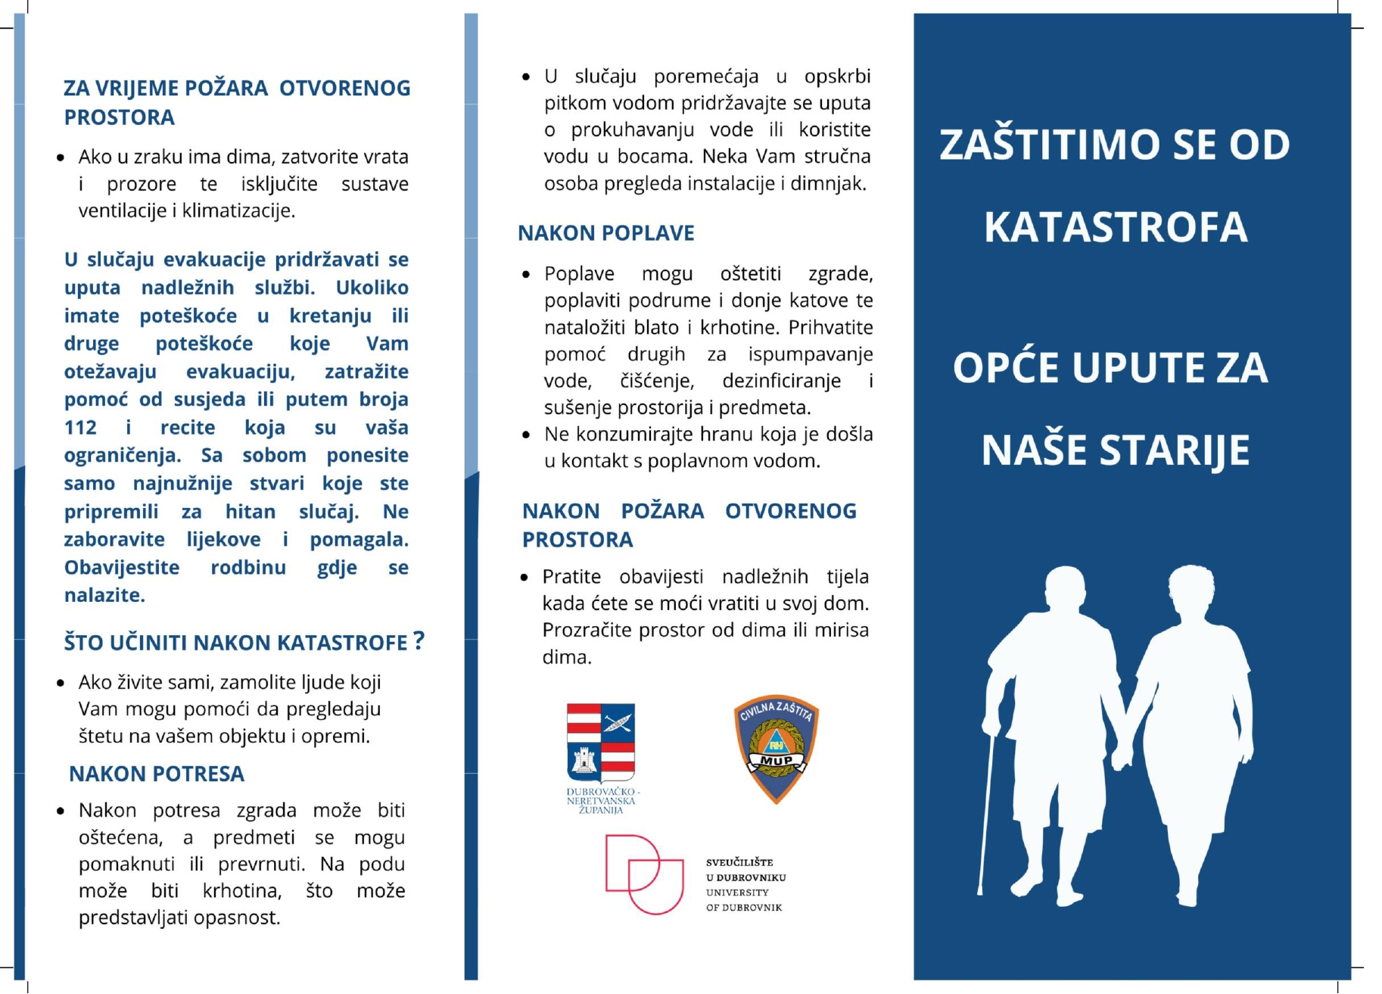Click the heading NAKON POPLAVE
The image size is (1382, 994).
(605, 233)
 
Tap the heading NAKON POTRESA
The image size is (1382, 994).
(157, 774)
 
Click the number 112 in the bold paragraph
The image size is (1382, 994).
(80, 428)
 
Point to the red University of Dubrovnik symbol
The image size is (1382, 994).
(634, 874)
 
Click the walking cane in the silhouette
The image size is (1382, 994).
(985, 818)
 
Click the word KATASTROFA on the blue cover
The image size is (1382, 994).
(1115, 227)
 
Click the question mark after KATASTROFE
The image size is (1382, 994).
(419, 641)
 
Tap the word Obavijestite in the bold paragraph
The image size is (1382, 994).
(122, 568)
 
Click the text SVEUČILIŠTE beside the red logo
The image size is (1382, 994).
(739, 862)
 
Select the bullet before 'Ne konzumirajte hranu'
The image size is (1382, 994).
(526, 435)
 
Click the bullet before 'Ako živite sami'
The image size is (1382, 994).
(61, 684)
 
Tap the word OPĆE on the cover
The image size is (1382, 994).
(1005, 368)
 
